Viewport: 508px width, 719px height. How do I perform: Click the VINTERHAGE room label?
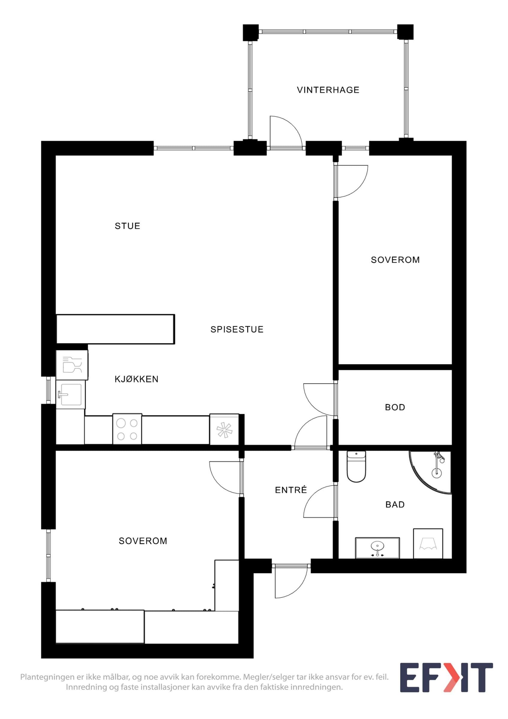pos(328,90)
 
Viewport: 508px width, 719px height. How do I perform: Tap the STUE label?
pos(127,226)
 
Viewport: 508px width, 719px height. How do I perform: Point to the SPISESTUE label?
pos(237,330)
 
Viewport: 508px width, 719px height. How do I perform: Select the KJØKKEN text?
pos(137,379)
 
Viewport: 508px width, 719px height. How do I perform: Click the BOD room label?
pos(395,407)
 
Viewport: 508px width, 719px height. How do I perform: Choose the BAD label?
pos(395,504)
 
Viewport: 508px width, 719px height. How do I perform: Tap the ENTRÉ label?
pos(291,490)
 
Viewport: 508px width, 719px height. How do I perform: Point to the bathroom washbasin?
pos(377,548)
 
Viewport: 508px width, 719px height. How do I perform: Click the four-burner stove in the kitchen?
pos(127,429)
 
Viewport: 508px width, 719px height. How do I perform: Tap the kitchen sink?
pos(70,394)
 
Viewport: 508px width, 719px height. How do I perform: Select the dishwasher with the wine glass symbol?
pos(72,365)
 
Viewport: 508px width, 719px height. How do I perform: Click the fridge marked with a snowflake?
pos(224,429)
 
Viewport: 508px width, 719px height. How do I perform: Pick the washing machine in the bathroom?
pos(428,544)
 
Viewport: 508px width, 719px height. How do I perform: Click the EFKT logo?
pos(446,682)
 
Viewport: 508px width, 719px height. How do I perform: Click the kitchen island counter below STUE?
pos(116,329)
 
